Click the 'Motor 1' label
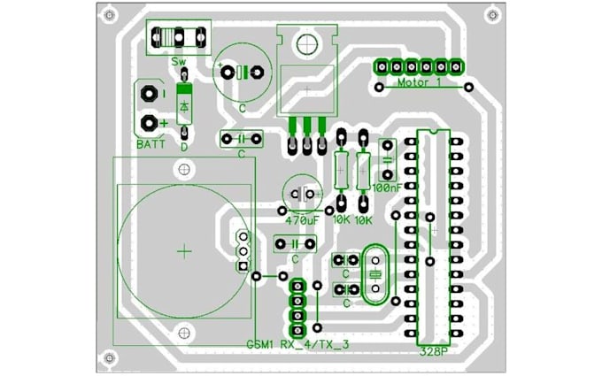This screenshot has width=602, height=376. point(420,84)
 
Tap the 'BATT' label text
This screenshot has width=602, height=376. point(151,143)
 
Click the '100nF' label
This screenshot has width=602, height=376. point(387,188)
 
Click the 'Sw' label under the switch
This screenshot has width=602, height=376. point(179,62)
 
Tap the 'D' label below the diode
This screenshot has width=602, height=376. point(184,147)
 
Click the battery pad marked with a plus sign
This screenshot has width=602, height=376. point(148,122)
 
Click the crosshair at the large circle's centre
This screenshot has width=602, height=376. point(184,251)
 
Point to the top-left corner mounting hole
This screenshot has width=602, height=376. point(110,16)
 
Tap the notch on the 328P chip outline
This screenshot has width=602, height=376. point(434,133)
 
